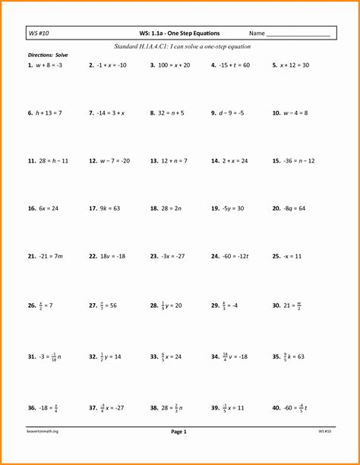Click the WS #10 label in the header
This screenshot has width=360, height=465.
pyautogui.click(x=37, y=34)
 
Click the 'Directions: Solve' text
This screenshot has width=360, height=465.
pyautogui.click(x=48, y=55)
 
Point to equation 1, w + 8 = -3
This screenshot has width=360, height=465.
pyautogui.click(x=50, y=65)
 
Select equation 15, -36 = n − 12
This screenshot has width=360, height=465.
pyautogui.click(x=297, y=161)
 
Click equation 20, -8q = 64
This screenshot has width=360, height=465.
pyautogui.click(x=292, y=208)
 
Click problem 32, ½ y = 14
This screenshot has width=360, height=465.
pyautogui.click(x=109, y=356)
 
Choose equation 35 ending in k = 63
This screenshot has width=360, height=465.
pyautogui.click(x=292, y=356)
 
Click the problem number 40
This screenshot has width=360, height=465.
pyautogui.click(x=276, y=408)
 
